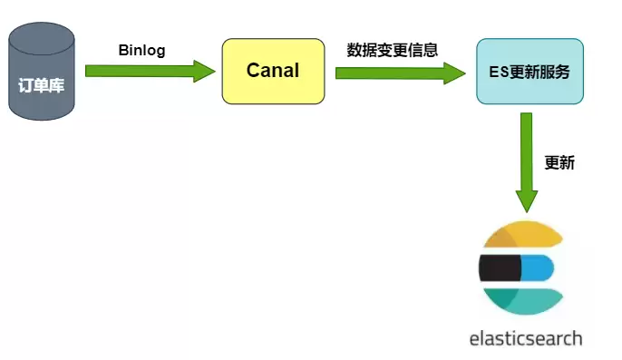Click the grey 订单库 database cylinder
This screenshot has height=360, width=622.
[x=42, y=72]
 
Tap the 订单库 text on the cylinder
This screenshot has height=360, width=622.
[x=42, y=85]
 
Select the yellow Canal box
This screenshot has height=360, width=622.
[x=273, y=72]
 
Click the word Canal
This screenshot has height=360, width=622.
[x=273, y=70]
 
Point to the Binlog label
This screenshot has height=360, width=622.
[x=141, y=51]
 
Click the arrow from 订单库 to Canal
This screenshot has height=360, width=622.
[x=151, y=72]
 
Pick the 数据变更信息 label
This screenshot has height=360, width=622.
[x=393, y=50]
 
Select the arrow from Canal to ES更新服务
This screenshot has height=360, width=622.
[x=400, y=73]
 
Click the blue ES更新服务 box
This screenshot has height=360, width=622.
[x=530, y=72]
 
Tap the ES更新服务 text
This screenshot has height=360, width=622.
[x=530, y=72]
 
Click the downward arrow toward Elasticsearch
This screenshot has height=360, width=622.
[x=527, y=162]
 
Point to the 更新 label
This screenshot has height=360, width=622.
[x=559, y=162]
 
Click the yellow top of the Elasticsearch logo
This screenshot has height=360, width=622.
[x=524, y=234]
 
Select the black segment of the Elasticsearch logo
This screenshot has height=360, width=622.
[x=500, y=268]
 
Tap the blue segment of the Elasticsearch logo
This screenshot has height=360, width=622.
[x=537, y=268]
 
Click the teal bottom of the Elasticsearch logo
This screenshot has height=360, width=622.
[x=524, y=301]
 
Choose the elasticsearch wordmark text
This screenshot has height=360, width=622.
[x=526, y=339]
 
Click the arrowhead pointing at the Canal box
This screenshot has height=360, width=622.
[x=204, y=72]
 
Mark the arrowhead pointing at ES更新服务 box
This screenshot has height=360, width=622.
[x=454, y=73]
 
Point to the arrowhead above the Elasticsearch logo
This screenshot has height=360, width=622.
[x=527, y=201]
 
